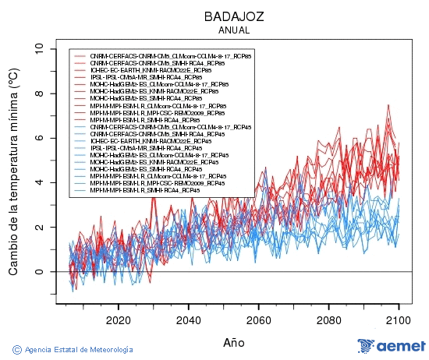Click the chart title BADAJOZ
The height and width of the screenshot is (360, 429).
pos(234,16)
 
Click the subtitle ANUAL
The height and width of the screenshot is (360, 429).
pos(234,30)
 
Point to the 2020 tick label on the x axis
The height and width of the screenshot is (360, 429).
pos(118,319)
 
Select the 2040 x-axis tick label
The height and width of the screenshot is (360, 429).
pos(188,319)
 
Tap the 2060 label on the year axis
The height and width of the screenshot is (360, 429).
pos(258,319)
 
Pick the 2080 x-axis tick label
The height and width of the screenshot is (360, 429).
pos(328,319)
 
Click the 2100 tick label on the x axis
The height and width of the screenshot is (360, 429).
pos(399,319)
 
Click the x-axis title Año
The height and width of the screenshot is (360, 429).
pos(233,341)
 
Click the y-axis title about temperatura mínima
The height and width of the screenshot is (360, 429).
pos(13,171)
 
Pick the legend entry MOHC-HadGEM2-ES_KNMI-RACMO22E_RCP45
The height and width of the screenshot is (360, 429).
pos(157,162)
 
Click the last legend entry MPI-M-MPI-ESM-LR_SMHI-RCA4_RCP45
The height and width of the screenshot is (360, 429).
pos(144,190)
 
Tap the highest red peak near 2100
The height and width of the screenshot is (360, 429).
pos(388,105)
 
